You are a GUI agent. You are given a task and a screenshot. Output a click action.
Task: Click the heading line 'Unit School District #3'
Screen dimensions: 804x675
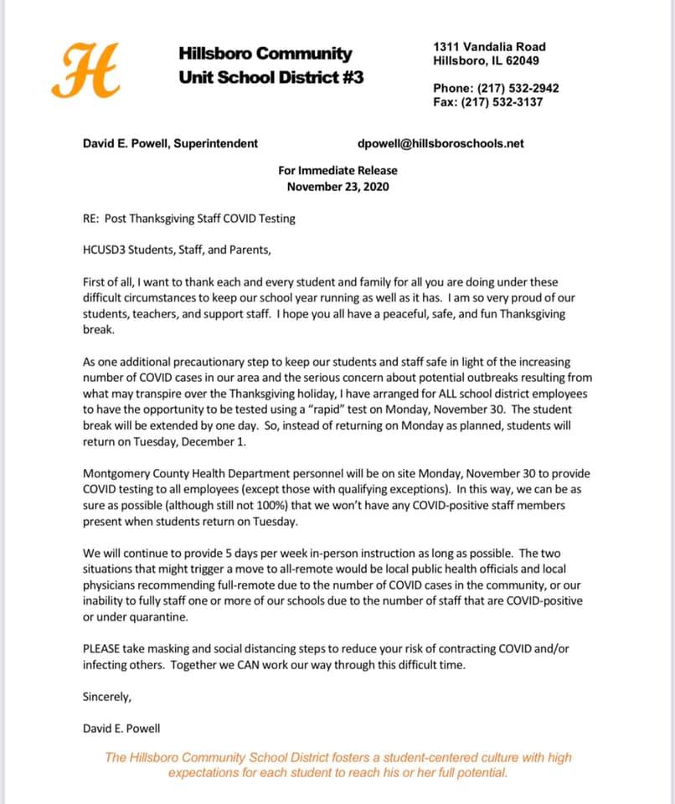point(271,78)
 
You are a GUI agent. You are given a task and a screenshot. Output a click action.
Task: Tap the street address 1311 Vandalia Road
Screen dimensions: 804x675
point(489,47)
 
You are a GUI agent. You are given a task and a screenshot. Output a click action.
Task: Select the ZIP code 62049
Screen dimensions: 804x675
point(522,61)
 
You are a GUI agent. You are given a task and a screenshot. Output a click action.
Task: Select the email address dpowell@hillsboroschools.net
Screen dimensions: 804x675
point(441,143)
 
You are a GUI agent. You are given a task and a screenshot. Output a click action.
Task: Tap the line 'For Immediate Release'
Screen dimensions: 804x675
point(337,171)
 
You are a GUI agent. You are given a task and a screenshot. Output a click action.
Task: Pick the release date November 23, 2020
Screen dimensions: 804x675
point(337,187)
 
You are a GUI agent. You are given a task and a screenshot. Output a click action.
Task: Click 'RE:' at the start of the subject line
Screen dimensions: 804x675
point(91,219)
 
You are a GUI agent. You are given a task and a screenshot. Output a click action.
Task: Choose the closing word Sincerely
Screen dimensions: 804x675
point(107,697)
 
